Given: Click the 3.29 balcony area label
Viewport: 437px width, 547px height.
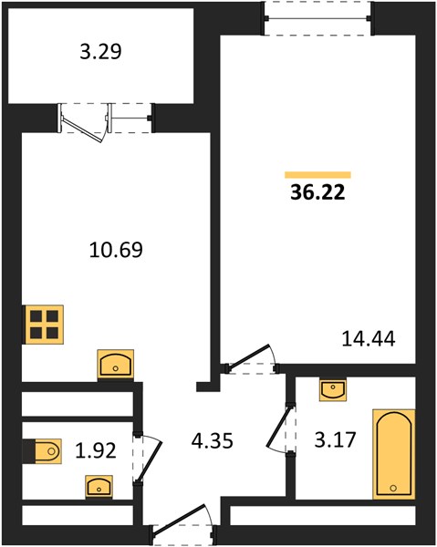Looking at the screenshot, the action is tap(100, 52).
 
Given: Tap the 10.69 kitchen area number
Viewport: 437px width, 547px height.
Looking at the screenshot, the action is tap(116, 250).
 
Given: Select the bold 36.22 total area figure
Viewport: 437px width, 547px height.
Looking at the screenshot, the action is tap(317, 192).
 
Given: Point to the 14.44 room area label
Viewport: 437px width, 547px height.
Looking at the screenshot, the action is tap(369, 338).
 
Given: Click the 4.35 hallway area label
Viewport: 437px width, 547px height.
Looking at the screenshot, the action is tap(213, 440).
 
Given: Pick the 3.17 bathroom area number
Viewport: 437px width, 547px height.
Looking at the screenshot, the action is tap(335, 439).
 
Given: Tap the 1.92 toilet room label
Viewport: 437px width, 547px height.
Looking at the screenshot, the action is tap(96, 450).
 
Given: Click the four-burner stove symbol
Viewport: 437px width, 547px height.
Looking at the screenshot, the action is tap(43, 325).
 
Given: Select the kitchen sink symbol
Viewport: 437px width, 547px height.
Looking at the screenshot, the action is tap(116, 365).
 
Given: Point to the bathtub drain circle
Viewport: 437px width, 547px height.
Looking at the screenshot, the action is tap(394, 488).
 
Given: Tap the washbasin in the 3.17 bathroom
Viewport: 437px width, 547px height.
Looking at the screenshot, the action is tap(333, 390).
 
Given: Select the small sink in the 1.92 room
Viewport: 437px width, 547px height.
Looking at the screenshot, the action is tap(99, 486).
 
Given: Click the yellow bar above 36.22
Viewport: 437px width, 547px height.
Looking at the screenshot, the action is tap(317, 175).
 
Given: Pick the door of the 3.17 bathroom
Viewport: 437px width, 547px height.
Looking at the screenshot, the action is tap(278, 427).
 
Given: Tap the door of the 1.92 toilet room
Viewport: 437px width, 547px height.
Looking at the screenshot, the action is tap(150, 458).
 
